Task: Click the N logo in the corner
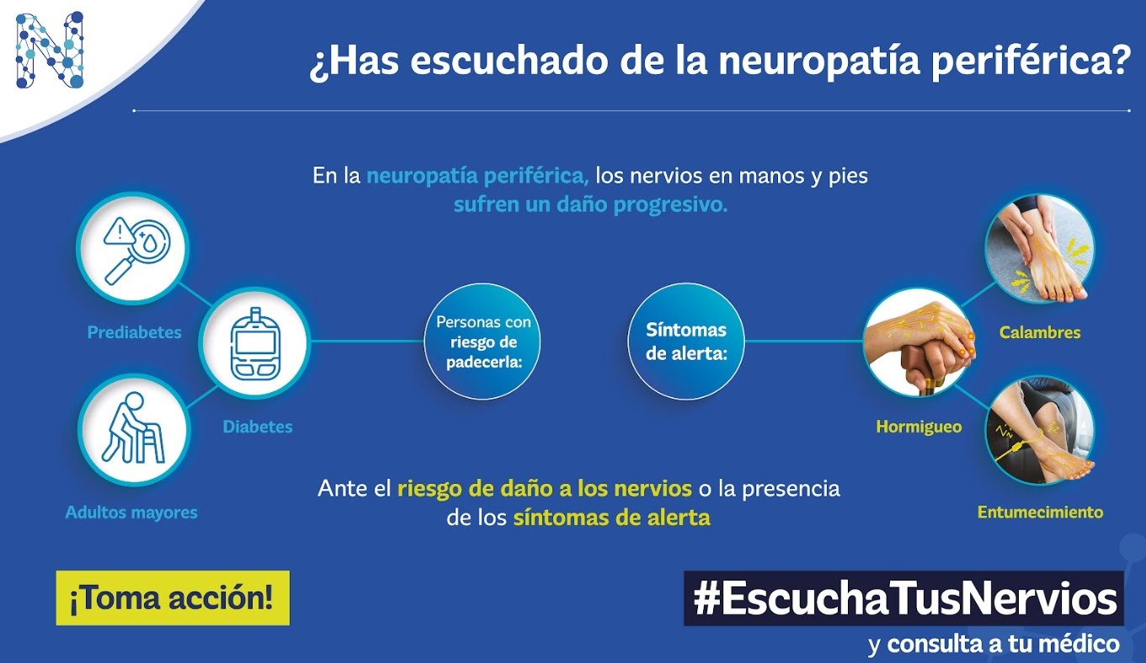click(x=49, y=50)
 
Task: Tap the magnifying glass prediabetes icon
click(x=133, y=248)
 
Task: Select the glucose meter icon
click(x=255, y=343)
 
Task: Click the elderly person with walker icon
click(x=134, y=429)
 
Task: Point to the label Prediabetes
click(x=134, y=332)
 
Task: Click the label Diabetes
click(x=258, y=427)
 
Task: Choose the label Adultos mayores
click(x=131, y=512)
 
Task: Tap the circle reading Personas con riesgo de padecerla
click(x=482, y=342)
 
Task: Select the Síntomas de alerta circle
click(x=686, y=342)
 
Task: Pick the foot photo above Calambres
click(x=1040, y=248)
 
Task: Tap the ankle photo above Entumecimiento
click(x=1040, y=430)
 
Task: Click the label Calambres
click(x=1040, y=332)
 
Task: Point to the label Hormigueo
click(x=919, y=427)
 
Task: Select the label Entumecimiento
click(x=1040, y=512)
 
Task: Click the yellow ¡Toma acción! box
click(x=173, y=597)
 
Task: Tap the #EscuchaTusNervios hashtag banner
click(x=904, y=598)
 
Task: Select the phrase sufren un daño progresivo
click(x=590, y=204)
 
